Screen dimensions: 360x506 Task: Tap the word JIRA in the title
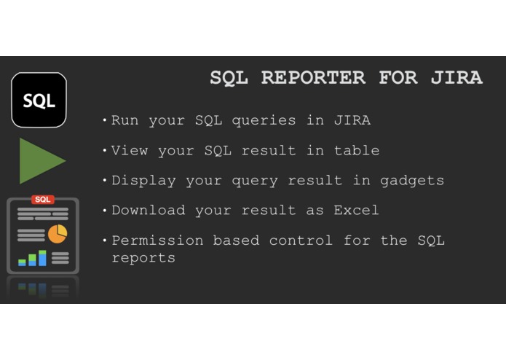point(456,78)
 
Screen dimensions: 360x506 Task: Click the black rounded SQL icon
point(39,100)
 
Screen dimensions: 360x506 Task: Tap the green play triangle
point(41,160)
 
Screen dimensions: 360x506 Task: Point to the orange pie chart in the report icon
point(58,234)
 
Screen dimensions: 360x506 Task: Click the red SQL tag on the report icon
point(42,199)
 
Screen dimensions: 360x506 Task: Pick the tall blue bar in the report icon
point(42,258)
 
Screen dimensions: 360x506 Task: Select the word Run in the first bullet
point(125,120)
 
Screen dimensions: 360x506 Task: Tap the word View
point(130,151)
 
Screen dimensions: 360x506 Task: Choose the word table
point(356,151)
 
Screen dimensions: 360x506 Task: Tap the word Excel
point(356,211)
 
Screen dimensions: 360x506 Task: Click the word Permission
point(157,240)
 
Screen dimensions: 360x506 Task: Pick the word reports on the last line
point(143,257)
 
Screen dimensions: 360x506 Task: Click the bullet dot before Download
point(106,211)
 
